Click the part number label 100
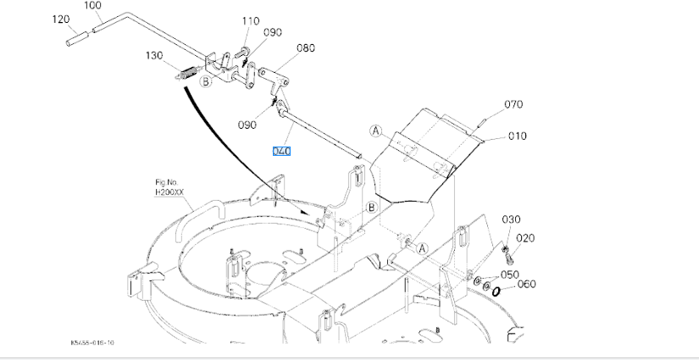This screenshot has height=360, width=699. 93,6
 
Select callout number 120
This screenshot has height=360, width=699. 60,19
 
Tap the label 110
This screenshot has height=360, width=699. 251,20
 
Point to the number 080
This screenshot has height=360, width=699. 306,48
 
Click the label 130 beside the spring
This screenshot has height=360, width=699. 153,56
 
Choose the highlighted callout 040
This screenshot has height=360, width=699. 281,151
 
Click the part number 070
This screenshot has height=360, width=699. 513,104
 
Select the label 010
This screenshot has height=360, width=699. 518,136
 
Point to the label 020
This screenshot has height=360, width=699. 525,238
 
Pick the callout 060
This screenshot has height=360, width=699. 527,284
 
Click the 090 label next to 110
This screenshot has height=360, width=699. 272,32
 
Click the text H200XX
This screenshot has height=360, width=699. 165,192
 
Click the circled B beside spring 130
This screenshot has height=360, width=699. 205,81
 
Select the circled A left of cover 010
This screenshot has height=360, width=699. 376,130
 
